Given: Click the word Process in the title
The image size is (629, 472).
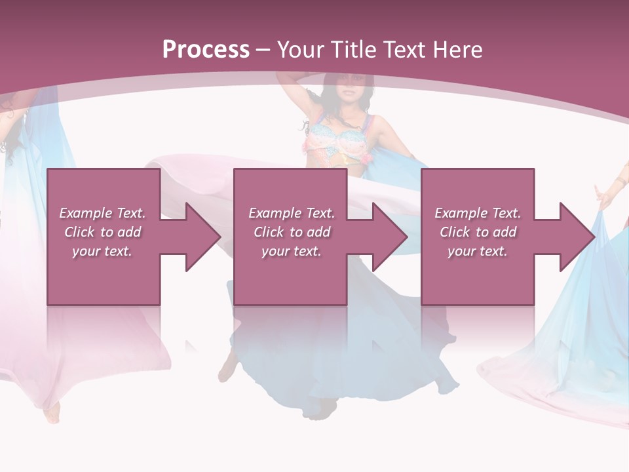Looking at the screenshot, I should pos(206,50).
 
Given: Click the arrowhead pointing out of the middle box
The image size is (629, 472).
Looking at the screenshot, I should pos(385,237).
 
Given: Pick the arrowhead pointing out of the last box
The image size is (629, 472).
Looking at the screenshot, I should pos(572,237).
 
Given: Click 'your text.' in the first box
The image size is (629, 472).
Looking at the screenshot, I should pos(102,251).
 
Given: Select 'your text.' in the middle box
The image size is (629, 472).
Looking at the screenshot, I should pos(292,251).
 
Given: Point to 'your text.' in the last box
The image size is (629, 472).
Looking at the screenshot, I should pos(478,251).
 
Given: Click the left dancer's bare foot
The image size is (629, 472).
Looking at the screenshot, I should pos(52,413).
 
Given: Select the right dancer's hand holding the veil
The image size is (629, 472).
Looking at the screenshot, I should pos(602,194).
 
